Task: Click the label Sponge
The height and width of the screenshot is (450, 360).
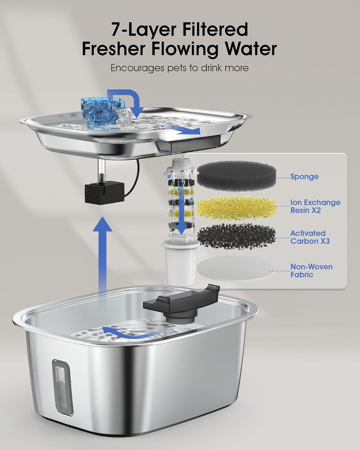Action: [304, 177]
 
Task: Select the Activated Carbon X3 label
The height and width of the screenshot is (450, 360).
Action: [310, 237]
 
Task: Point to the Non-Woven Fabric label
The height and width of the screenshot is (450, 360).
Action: [311, 271]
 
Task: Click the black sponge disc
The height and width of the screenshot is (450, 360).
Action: [236, 176]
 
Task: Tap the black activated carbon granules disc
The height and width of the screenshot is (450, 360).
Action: [236, 236]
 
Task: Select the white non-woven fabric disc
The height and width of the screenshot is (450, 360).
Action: [236, 269]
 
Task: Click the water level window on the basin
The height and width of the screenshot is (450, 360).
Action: [62, 391]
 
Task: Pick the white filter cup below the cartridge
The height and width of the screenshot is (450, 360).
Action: [181, 263]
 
